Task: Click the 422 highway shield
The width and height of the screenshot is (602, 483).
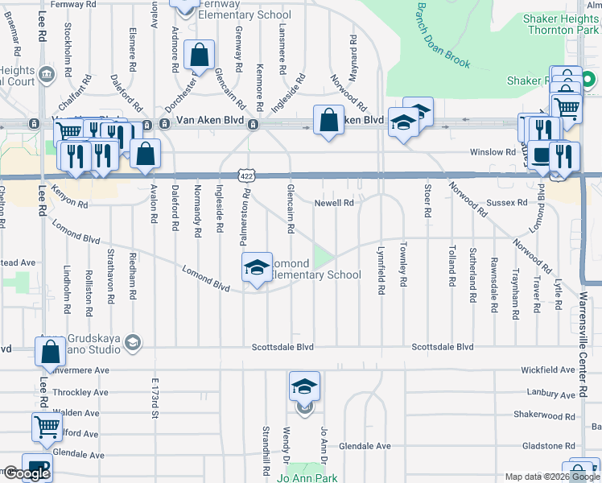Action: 247,175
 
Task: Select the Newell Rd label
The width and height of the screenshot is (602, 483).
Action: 334,204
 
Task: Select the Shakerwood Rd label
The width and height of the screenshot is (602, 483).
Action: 544,415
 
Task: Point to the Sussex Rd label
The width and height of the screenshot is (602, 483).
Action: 510,204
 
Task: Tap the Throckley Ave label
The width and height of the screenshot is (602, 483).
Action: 80,393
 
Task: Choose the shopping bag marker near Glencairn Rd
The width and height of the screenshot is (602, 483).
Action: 200,56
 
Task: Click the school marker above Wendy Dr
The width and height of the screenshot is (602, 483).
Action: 305,387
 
